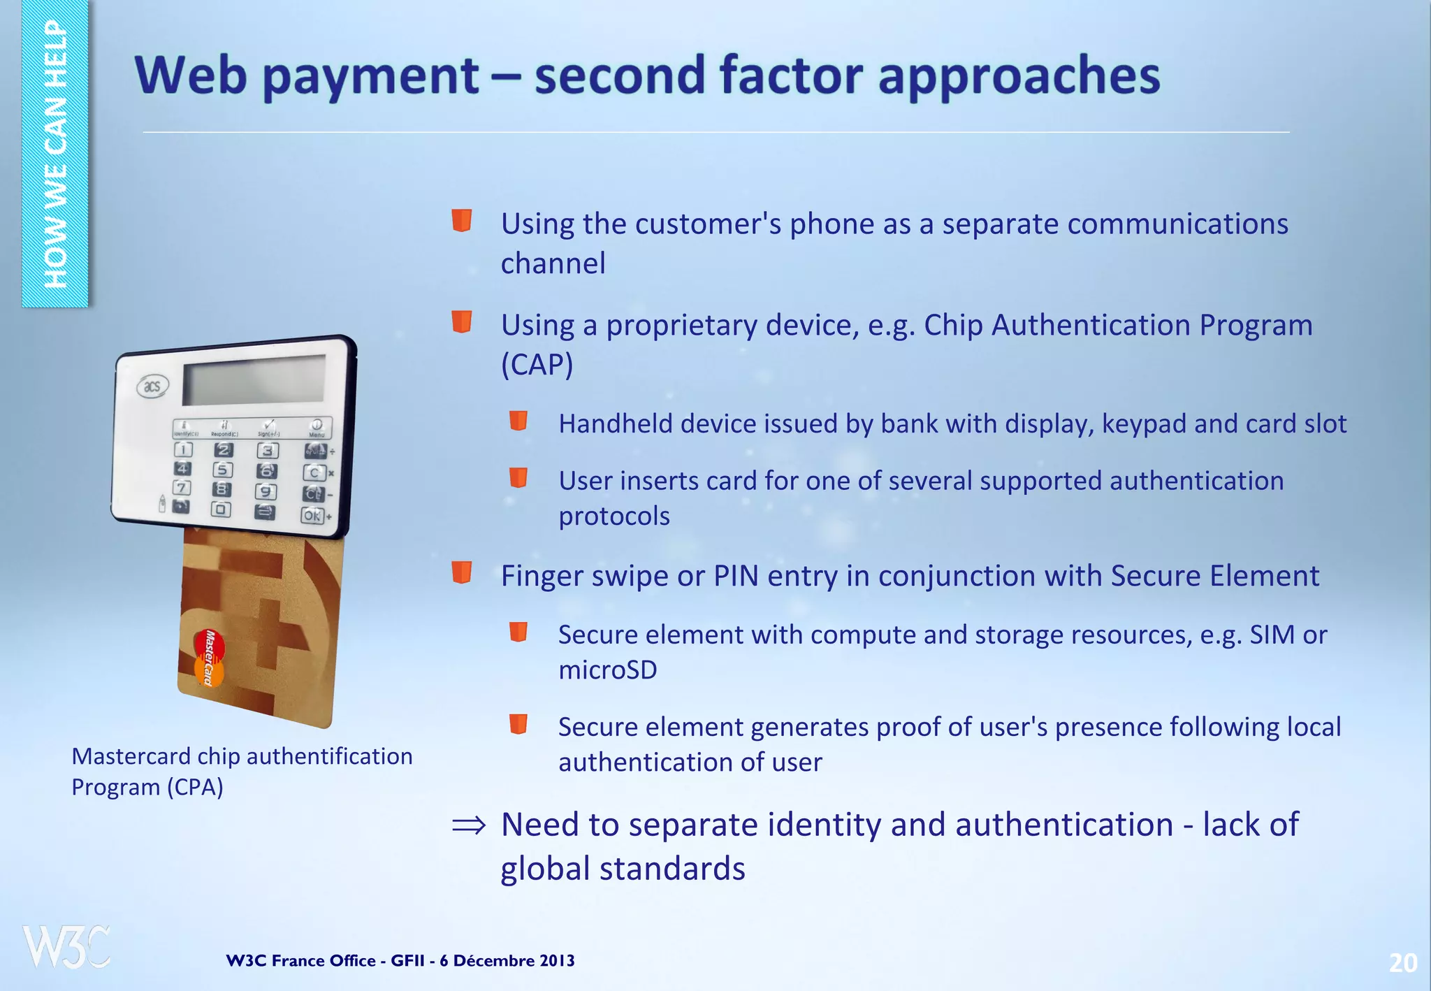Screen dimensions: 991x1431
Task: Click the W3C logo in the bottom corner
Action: [66, 947]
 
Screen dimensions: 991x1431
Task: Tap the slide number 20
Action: [1402, 963]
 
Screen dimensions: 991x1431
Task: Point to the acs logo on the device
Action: [152, 386]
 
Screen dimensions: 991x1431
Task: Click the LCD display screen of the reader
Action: [254, 379]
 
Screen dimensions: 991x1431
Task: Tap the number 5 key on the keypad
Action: [223, 470]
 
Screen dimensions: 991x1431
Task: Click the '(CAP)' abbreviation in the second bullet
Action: [537, 364]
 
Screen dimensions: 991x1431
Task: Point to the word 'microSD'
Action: [607, 670]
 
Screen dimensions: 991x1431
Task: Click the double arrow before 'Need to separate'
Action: [468, 826]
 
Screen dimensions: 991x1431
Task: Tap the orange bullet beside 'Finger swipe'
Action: [462, 572]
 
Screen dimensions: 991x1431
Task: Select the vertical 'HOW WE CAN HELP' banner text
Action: [55, 154]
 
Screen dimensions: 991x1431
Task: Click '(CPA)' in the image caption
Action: [194, 788]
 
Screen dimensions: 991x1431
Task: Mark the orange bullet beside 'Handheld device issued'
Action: [518, 421]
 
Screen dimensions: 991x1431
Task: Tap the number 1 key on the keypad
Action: [183, 449]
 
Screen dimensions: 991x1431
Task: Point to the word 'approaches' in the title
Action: [1019, 77]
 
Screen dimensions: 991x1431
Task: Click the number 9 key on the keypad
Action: [266, 492]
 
